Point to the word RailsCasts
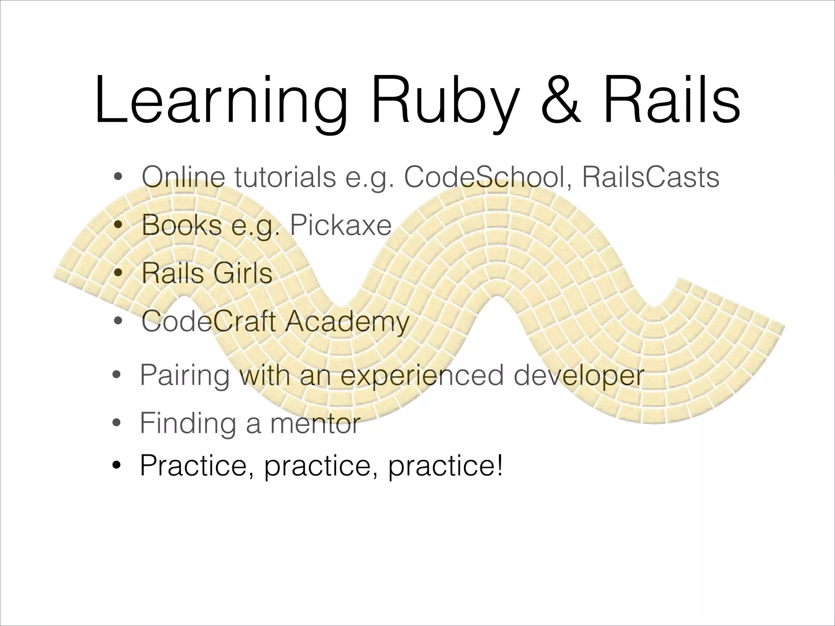tap(650, 177)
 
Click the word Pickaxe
tap(340, 225)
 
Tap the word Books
tap(181, 225)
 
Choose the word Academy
tap(347, 322)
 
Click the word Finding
tap(188, 424)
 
